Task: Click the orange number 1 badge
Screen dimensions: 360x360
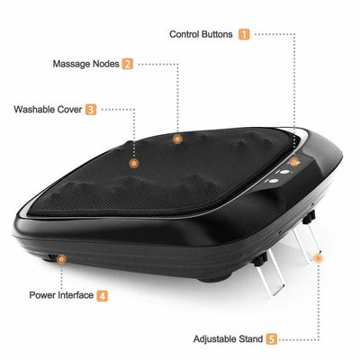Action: click(244, 34)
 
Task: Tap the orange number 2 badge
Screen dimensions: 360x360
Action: click(128, 64)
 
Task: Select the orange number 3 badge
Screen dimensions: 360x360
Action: click(91, 110)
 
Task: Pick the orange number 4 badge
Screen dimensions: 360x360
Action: click(103, 294)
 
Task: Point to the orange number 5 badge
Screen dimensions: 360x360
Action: click(271, 339)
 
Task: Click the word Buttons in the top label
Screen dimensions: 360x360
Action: click(219, 34)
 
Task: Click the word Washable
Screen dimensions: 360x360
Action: click(37, 110)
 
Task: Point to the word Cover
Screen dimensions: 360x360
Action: click(71, 110)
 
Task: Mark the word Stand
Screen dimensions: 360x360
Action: click(252, 339)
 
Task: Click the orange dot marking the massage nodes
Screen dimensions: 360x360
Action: click(178, 139)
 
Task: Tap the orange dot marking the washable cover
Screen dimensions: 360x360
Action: click(134, 163)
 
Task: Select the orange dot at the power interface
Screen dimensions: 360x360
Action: click(61, 258)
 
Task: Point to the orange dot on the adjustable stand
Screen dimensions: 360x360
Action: click(317, 259)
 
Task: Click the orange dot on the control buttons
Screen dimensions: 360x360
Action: click(293, 161)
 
